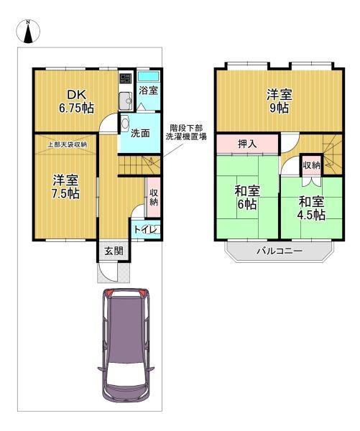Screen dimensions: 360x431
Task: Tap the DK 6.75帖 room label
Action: (76, 102)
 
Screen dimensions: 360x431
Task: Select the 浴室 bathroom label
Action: (148, 91)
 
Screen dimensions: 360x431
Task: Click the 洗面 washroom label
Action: (140, 134)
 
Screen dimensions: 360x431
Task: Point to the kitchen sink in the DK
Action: (126, 101)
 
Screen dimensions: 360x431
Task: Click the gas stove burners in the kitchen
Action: (126, 78)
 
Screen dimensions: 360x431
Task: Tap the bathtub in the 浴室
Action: (148, 76)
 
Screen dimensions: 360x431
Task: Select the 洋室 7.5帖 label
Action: (66, 187)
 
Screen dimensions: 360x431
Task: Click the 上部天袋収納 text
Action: (68, 144)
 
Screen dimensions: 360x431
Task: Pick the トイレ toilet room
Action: (146, 229)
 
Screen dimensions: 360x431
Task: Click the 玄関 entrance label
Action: (114, 251)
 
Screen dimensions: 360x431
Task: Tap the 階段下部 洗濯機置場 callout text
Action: (186, 132)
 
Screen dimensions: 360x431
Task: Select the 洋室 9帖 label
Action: (279, 101)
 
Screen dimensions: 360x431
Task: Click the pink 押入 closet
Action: (247, 144)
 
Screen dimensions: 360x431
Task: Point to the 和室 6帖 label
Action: (247, 198)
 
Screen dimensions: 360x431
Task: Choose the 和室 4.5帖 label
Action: (311, 208)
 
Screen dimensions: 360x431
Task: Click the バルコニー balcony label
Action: (280, 251)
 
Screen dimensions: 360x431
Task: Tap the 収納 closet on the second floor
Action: (311, 166)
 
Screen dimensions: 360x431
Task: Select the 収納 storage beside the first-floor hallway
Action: (153, 198)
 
